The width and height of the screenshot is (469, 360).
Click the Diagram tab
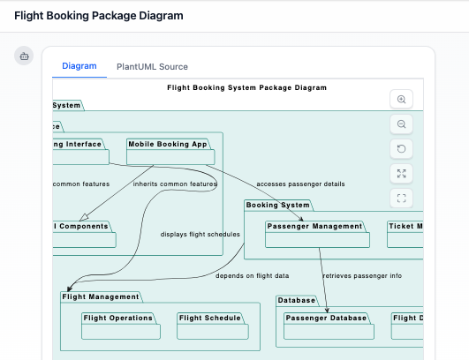(79, 66)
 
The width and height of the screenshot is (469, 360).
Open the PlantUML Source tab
(152, 66)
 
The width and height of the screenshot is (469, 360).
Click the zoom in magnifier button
(401, 100)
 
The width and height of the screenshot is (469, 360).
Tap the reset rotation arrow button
(401, 149)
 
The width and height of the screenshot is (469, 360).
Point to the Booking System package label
(277, 206)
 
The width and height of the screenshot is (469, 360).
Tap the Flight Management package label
(101, 296)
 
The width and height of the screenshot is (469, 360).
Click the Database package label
(297, 300)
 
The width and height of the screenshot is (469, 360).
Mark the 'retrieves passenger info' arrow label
(362, 275)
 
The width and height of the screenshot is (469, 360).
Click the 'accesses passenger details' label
(300, 184)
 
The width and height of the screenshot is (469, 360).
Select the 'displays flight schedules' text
(200, 235)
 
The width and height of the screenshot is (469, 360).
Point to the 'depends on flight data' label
(252, 275)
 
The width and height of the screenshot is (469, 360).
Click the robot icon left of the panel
(25, 56)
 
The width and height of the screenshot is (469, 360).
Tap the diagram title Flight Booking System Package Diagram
(246, 87)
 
